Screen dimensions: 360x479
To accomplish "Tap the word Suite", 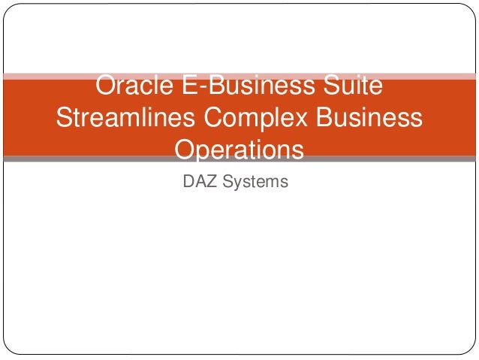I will pyautogui.click(x=351, y=87).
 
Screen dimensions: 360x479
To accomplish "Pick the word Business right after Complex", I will pyautogui.click(x=373, y=119).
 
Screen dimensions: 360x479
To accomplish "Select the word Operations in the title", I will pyautogui.click(x=239, y=150).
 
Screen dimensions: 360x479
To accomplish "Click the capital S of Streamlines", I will pyautogui.click(x=65, y=119).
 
